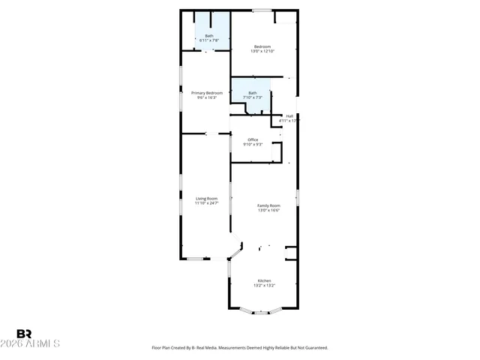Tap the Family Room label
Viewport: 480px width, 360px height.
coord(268,205)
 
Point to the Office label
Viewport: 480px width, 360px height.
coord(253,139)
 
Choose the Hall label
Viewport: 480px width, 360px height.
coord(289,115)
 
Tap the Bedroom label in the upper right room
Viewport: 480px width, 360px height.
coord(262,46)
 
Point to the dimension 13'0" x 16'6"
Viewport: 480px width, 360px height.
coord(268,210)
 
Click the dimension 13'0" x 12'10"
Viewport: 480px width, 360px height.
coord(262,51)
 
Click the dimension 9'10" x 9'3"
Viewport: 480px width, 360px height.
coord(253,144)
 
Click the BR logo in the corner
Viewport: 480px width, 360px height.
coord(24,334)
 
